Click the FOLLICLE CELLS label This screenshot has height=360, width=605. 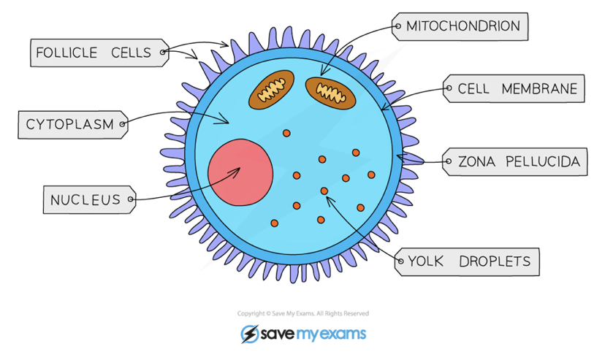coord(94,53)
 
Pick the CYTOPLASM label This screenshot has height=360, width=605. coord(70,124)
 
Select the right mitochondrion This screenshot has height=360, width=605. coord(330,91)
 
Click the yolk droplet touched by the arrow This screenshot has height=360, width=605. coord(324,191)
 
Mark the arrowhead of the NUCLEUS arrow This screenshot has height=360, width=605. coord(238,170)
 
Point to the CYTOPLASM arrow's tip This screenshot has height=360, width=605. coord(229,123)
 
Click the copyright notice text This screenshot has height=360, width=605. coord(302,313)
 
